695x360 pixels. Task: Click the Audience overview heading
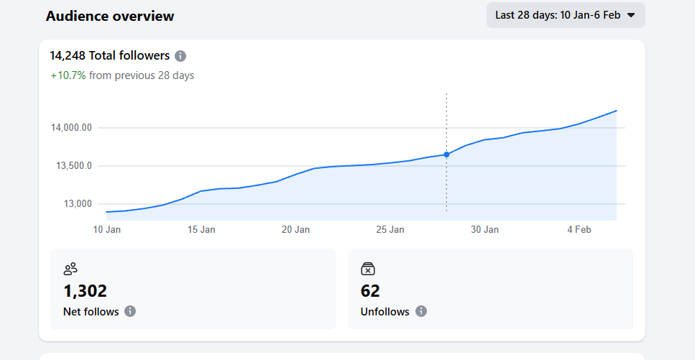[x=110, y=16]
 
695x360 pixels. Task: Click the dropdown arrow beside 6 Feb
[x=631, y=15]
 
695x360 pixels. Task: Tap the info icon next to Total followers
[x=180, y=56]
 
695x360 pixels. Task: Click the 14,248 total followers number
[x=68, y=55]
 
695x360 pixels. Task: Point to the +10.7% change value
[x=68, y=75]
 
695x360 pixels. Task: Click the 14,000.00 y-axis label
[x=72, y=128]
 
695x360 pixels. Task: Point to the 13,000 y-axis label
[x=78, y=204]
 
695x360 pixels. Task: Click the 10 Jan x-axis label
[x=107, y=230]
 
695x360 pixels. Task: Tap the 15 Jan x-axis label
[x=201, y=230]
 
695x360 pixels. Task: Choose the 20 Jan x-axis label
[x=295, y=230]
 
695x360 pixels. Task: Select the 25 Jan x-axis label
[x=390, y=230]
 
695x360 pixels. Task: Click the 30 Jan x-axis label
[x=484, y=230]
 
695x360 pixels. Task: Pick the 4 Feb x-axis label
[x=579, y=230]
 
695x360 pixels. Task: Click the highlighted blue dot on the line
[x=446, y=154]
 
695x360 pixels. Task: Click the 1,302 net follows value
[x=85, y=291]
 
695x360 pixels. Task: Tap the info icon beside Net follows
[x=130, y=311]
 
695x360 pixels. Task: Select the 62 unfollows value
[x=370, y=291]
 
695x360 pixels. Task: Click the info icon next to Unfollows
[x=421, y=311]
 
